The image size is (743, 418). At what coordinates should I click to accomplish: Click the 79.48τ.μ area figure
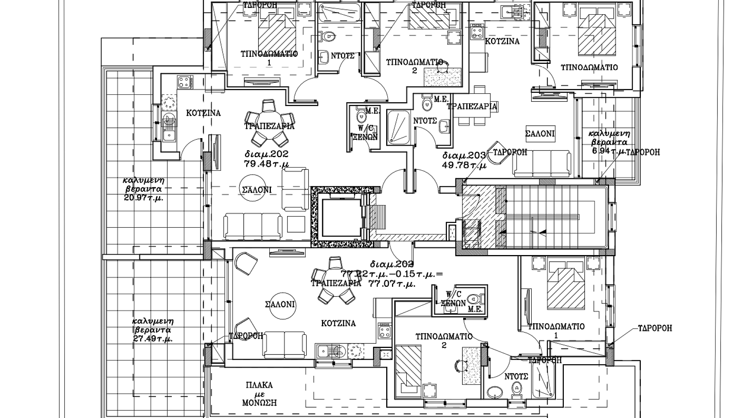coord(266,164)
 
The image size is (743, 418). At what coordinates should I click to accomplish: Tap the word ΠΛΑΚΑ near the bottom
coord(259,385)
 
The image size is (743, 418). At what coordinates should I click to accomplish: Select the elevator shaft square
coord(339,218)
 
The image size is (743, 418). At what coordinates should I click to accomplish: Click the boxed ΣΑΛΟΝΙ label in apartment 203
coord(540,134)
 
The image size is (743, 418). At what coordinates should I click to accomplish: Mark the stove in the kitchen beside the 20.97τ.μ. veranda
coord(185,82)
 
